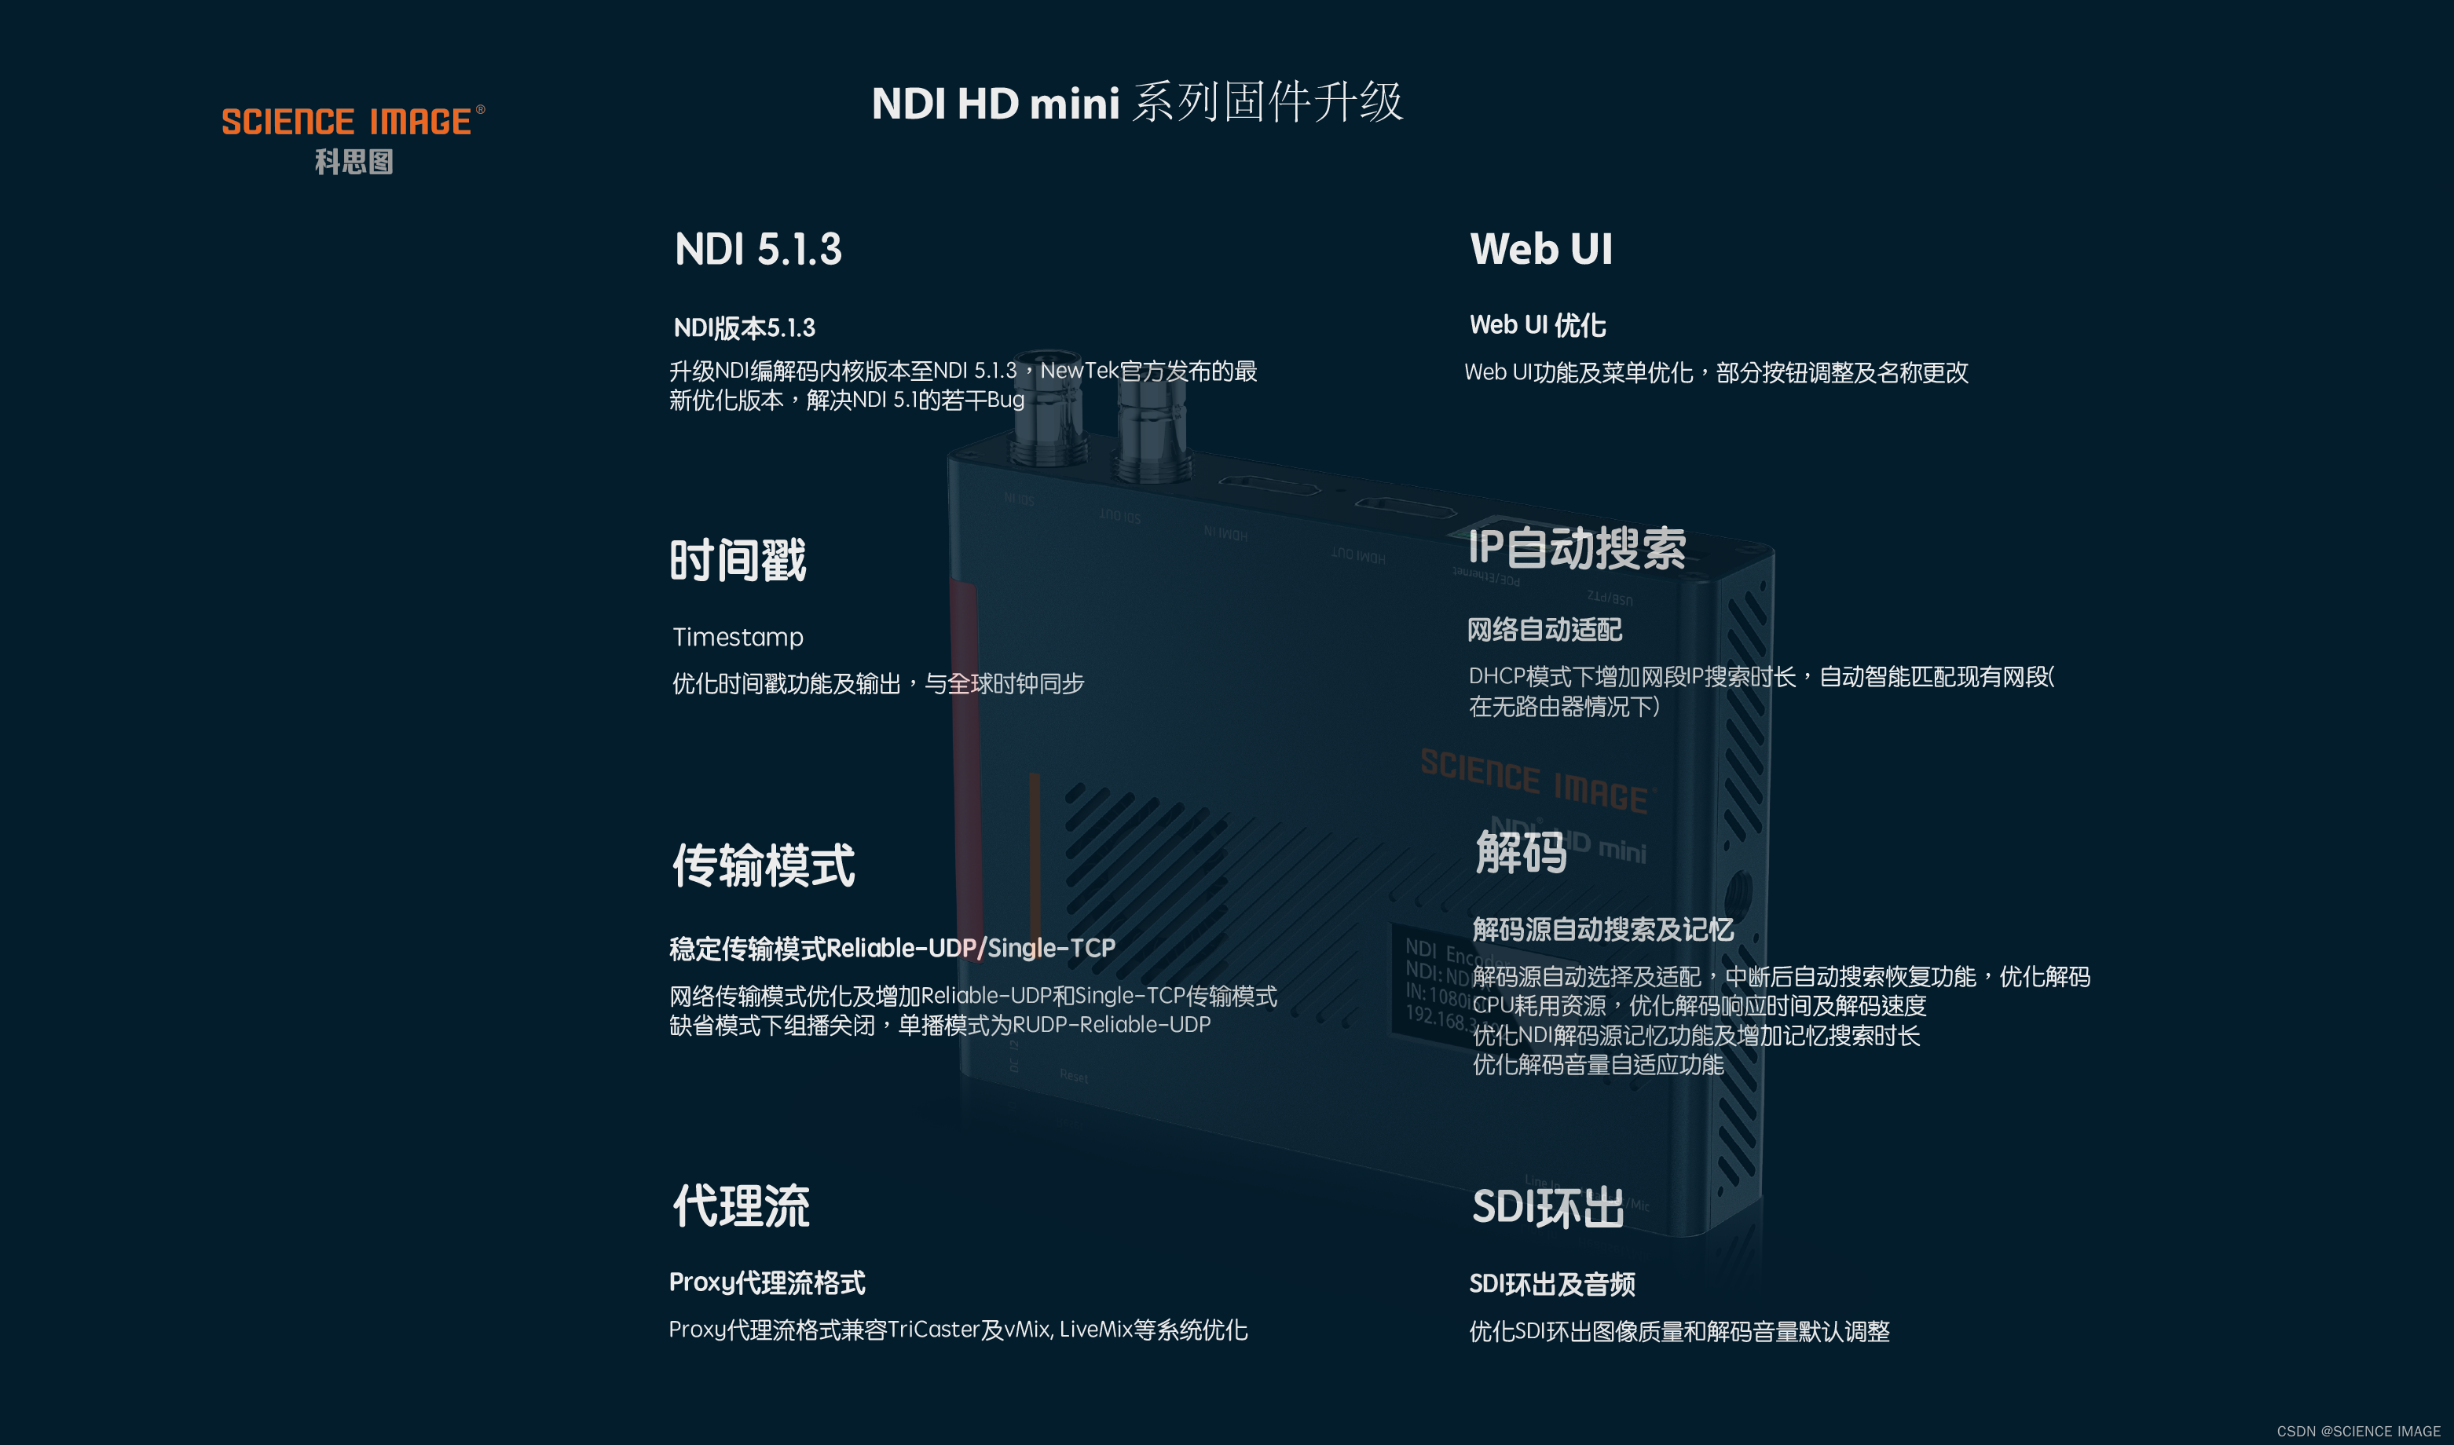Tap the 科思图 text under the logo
click(353, 162)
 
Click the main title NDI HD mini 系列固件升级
click(1137, 102)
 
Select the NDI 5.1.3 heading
click(757, 249)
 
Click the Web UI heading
click(1540, 249)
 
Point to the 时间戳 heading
click(737, 560)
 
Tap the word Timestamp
click(737, 637)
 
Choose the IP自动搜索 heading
click(1577, 547)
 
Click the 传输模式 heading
click(764, 865)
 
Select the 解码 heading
click(1521, 852)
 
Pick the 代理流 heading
click(741, 1205)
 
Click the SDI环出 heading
click(1547, 1207)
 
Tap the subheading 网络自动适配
click(1544, 630)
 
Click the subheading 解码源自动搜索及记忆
click(1603, 929)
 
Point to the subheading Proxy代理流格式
click(767, 1282)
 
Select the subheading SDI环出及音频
click(1551, 1284)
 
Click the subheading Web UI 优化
click(1537, 325)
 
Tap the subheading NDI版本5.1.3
click(744, 328)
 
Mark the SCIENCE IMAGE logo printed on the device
click(1536, 780)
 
